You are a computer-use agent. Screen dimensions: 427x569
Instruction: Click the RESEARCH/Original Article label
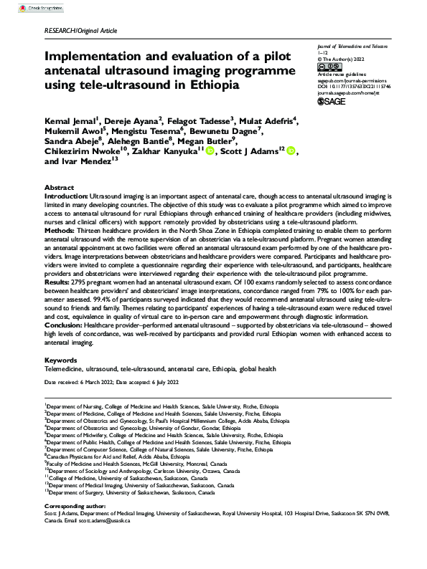tap(80, 31)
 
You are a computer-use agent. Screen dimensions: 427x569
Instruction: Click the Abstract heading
tap(59, 186)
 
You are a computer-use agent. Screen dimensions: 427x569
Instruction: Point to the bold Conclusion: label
tap(67, 325)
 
